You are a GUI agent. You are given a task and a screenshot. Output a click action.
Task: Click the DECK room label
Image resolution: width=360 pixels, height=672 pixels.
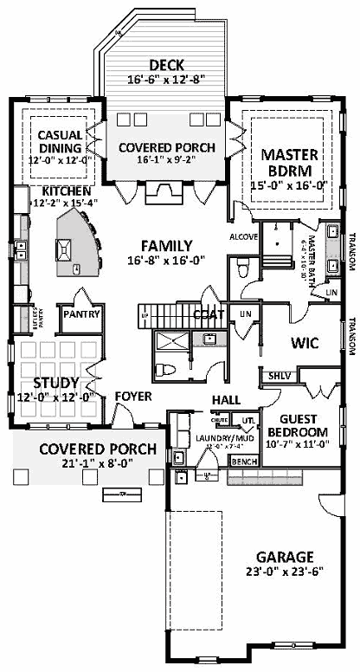(x=164, y=65)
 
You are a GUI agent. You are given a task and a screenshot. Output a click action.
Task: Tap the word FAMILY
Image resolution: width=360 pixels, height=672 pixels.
(x=166, y=245)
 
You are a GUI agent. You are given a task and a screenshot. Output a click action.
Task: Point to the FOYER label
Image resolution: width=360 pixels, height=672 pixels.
(x=133, y=397)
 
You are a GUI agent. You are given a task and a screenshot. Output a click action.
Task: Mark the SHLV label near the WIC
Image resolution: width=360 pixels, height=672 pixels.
(x=279, y=376)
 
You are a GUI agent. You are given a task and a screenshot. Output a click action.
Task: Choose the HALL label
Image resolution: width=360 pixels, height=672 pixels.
(x=226, y=399)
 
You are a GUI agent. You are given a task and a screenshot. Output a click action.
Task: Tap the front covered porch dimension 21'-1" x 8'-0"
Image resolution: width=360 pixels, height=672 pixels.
(x=97, y=465)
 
